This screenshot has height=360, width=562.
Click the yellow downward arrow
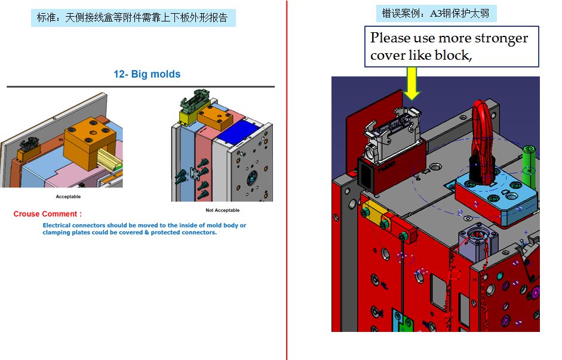pyautogui.click(x=412, y=83)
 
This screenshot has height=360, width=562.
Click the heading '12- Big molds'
pyautogui.click(x=147, y=74)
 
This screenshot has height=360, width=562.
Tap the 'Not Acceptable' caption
pyautogui.click(x=223, y=210)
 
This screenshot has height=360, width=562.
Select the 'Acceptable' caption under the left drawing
pyautogui.click(x=68, y=196)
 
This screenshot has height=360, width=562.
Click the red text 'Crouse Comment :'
pyautogui.click(x=48, y=214)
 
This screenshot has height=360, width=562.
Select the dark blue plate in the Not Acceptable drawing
pyautogui.click(x=238, y=131)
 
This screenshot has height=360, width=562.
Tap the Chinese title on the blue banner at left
pyautogui.click(x=132, y=17)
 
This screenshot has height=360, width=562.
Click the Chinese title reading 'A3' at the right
pyautogui.click(x=435, y=14)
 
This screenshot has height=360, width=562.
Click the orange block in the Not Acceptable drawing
pyautogui.click(x=215, y=118)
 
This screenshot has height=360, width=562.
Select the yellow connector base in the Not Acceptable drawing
pyautogui.click(x=188, y=116)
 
